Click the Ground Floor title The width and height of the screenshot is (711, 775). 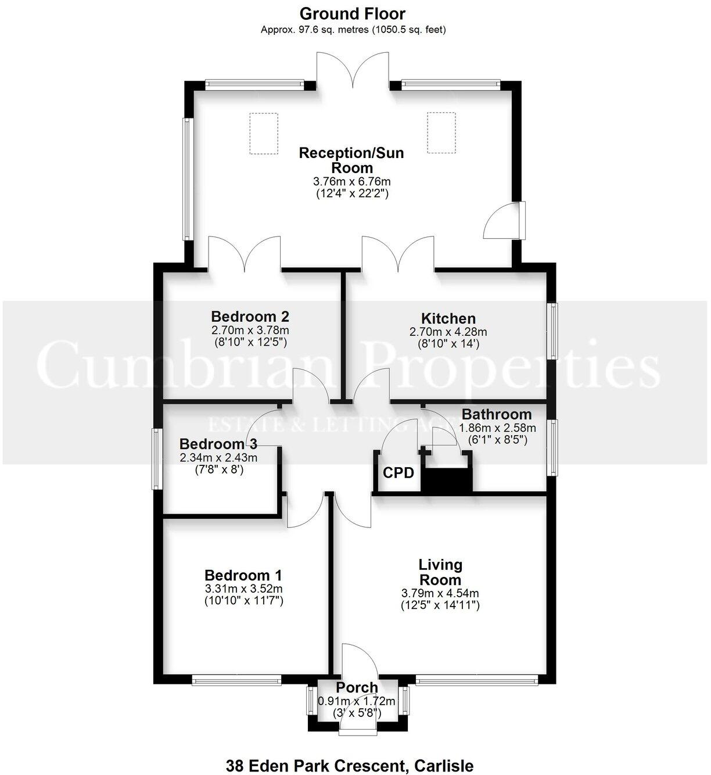pyautogui.click(x=353, y=13)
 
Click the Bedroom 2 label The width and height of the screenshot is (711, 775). pyautogui.click(x=250, y=317)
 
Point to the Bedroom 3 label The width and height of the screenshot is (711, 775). pyautogui.click(x=218, y=444)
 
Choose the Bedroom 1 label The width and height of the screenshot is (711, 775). pyautogui.click(x=243, y=575)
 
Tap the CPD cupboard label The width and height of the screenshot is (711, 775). pyautogui.click(x=398, y=472)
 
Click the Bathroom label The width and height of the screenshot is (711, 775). pyautogui.click(x=496, y=414)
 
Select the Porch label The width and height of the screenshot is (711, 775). pyautogui.click(x=357, y=687)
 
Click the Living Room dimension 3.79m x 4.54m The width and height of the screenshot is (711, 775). pyautogui.click(x=440, y=593)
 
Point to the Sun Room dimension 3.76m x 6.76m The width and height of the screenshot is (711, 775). pyautogui.click(x=351, y=181)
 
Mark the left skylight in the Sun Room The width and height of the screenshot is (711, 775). pyautogui.click(x=264, y=133)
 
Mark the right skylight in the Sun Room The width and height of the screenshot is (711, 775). pyautogui.click(x=441, y=133)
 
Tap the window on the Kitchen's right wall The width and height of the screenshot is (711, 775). pyautogui.click(x=554, y=330)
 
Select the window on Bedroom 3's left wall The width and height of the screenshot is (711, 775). pyautogui.click(x=156, y=458)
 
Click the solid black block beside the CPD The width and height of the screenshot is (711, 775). pyautogui.click(x=446, y=480)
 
